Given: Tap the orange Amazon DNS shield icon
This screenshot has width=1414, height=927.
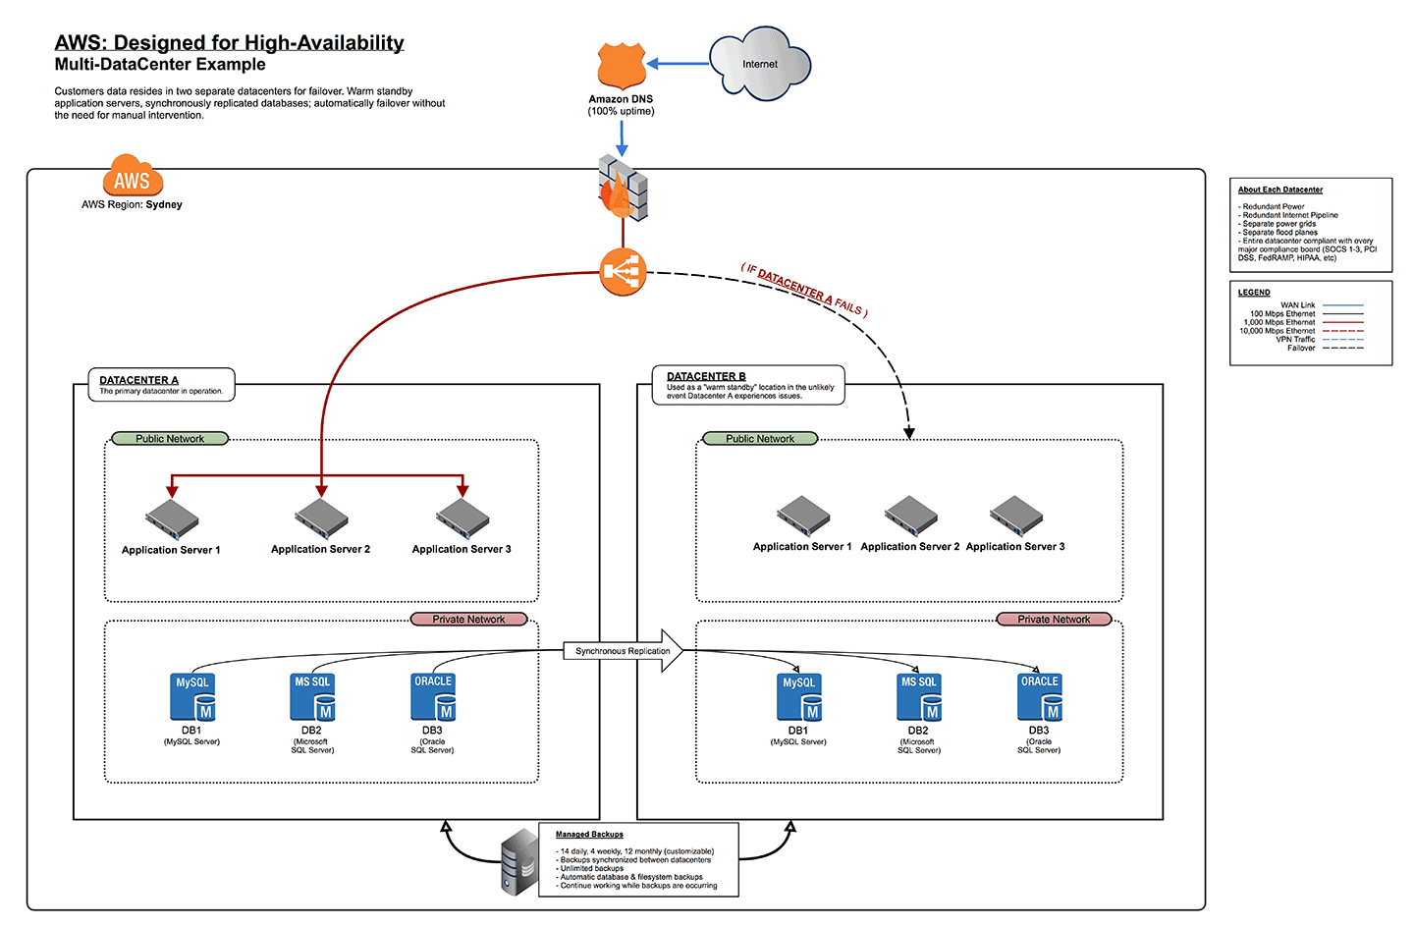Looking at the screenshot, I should pos(621,67).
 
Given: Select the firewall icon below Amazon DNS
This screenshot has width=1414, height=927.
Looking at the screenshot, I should pos(623,186).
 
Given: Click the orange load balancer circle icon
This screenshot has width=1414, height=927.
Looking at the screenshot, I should pos(623,272).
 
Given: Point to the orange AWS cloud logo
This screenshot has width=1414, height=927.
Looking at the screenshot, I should pos(133,177).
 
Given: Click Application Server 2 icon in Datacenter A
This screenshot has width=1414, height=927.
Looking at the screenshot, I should pos(321,518).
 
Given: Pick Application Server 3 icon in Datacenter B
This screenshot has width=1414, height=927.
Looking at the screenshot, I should pos(1016,516).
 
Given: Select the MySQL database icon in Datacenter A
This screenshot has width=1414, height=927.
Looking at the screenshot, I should pos(192,696).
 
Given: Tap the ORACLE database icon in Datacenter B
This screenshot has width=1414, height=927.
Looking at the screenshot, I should pos(1039,696).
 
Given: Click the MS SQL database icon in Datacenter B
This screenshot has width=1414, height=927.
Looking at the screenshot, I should pos(919,696).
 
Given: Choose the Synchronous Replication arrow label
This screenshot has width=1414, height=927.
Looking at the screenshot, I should pos(623,651).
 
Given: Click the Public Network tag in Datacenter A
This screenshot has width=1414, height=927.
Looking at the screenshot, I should pos(170,439).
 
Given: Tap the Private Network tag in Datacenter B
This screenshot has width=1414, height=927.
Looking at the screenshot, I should pos(1054,620).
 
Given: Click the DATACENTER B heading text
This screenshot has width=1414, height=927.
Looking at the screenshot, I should pos(706,376).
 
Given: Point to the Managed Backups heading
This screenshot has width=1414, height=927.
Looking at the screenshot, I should pos(589,835).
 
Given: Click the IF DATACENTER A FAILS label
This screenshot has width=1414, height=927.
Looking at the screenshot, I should pos(804,290).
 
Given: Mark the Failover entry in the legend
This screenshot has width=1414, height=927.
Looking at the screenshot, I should pos(1301,348).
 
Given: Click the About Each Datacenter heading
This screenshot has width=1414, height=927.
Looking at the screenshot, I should pos(1279,190).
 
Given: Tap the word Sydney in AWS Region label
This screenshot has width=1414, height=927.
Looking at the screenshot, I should pos(164,205).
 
